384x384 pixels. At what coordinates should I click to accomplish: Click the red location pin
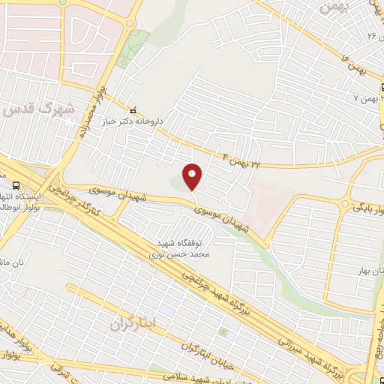(x=193, y=176)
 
